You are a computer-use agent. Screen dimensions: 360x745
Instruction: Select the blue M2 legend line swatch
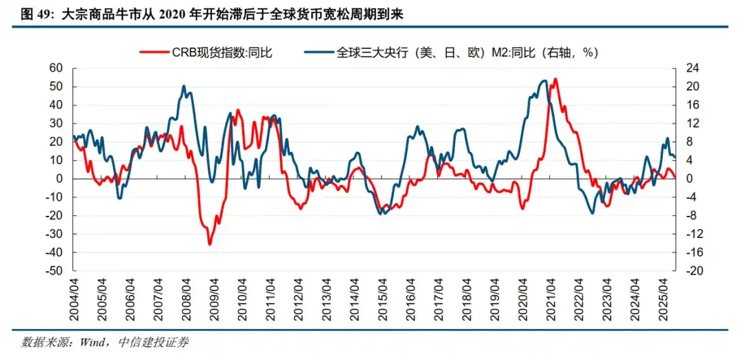coord(318,52)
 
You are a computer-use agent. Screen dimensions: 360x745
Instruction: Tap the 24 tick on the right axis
coord(692,68)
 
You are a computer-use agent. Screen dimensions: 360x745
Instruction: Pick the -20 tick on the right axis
coord(694,271)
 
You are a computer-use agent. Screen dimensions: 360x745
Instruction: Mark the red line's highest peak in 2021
coord(556,79)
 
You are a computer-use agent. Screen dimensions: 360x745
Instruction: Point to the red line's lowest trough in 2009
coord(210,243)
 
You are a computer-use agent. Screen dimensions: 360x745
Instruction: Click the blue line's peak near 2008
coord(183,86)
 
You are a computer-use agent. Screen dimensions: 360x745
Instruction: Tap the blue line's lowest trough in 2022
coord(593,213)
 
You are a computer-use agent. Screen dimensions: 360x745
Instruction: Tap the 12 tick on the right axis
coord(692,123)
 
